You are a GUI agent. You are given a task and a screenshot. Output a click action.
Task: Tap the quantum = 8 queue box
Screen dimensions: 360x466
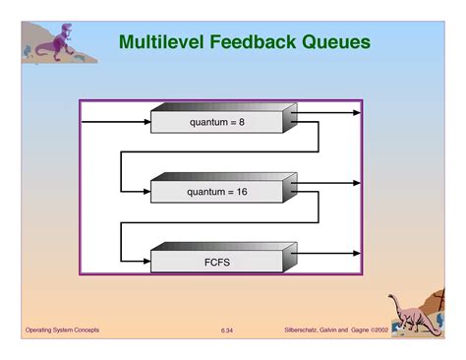216,123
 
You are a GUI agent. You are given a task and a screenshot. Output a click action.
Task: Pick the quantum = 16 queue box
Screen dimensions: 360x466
216,192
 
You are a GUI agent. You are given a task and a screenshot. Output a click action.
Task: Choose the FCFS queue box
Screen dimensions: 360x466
216,263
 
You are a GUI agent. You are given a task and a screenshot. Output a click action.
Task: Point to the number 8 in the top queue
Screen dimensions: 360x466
241,123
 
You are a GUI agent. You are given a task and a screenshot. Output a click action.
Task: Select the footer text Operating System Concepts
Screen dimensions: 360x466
62,329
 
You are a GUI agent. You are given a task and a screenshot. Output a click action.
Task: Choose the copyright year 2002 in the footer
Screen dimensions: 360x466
381,329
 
